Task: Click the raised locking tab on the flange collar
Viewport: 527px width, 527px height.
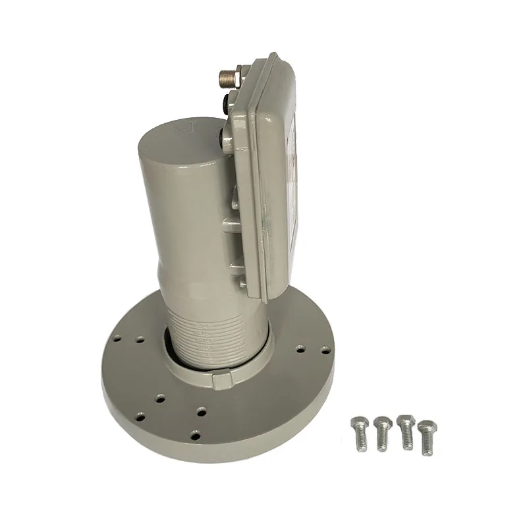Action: tap(221, 380)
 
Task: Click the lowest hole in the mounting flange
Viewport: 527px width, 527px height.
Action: tap(194, 433)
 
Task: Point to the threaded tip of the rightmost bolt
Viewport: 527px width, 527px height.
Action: tap(431, 450)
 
